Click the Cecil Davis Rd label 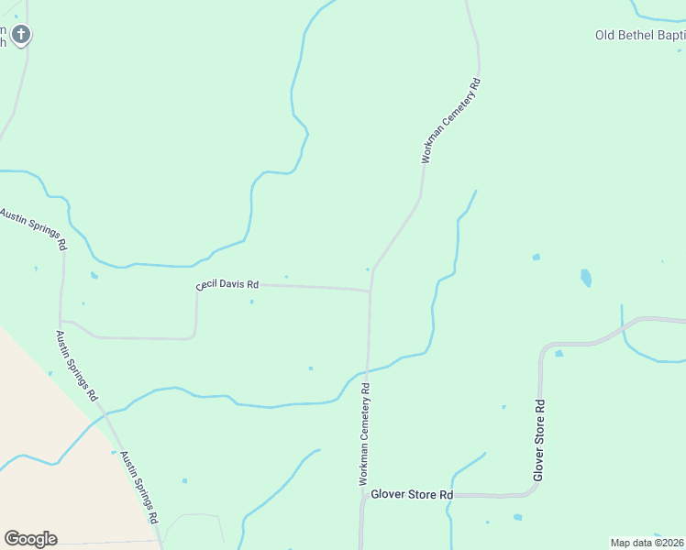(228, 285)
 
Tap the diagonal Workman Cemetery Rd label (451, 121)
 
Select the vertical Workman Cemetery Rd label (364, 434)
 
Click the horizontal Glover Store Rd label (412, 494)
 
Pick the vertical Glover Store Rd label (539, 440)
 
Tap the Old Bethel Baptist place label (640, 36)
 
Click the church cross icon (21, 36)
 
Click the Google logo (30, 539)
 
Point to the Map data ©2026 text (647, 543)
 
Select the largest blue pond (586, 277)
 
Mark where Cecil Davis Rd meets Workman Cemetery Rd (371, 291)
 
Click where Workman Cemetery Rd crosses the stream (368, 371)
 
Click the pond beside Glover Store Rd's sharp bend (559, 353)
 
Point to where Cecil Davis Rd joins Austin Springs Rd (61, 322)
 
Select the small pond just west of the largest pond (536, 257)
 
